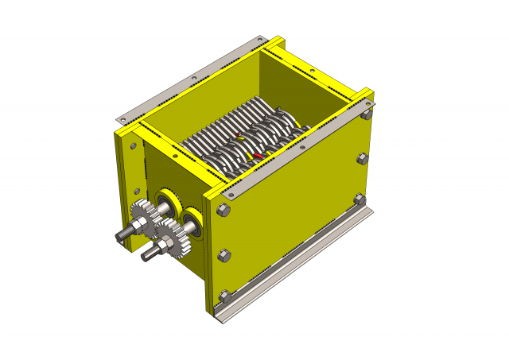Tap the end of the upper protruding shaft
click(120, 236)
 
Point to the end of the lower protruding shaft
click(145, 257)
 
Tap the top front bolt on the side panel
click(223, 211)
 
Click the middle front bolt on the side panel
click(223, 255)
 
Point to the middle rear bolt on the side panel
click(362, 159)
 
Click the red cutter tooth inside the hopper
click(256, 155)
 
